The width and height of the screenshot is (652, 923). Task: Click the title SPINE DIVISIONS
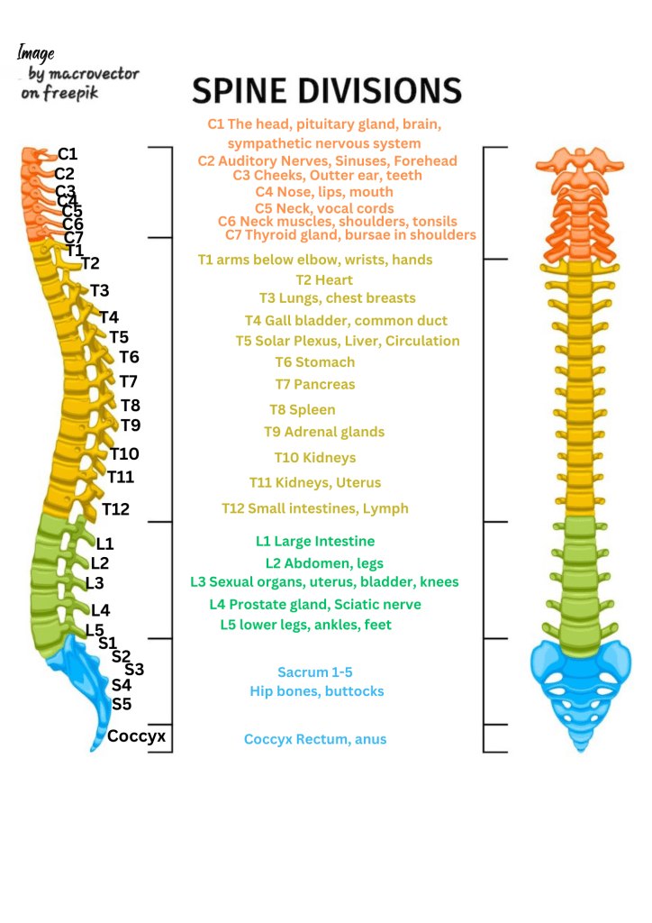(x=327, y=90)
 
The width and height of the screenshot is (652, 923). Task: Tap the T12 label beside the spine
(x=115, y=509)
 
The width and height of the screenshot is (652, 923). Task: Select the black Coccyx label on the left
(x=136, y=736)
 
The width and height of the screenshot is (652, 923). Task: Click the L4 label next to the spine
(x=100, y=610)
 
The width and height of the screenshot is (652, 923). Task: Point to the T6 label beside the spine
(x=129, y=357)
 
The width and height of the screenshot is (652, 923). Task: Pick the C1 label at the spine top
(x=68, y=154)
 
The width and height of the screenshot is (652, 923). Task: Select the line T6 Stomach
(x=314, y=362)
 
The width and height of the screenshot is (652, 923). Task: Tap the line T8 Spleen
(x=302, y=410)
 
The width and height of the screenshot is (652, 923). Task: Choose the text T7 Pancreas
(x=314, y=385)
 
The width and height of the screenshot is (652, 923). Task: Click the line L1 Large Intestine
(x=314, y=542)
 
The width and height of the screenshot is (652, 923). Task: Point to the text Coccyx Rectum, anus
(x=314, y=739)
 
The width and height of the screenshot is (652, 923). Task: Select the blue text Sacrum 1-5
(x=314, y=672)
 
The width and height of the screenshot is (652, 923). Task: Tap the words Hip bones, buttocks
(x=316, y=691)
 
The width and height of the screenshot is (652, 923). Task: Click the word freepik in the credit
(x=72, y=93)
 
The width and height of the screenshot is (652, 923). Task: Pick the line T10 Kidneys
(x=314, y=458)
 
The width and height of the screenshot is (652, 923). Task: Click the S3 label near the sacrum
(x=134, y=670)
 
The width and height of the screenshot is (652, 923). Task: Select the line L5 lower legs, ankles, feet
(x=305, y=625)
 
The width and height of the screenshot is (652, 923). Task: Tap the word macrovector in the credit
(x=95, y=73)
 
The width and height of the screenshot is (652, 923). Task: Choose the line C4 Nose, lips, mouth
(x=323, y=192)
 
